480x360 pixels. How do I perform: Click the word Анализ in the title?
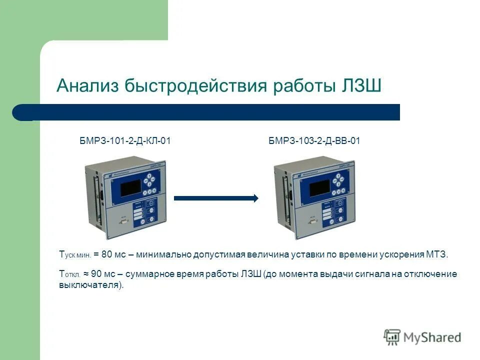point(87,85)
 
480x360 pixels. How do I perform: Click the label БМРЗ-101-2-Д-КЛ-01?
point(125,141)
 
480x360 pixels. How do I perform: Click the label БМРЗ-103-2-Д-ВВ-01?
point(314,141)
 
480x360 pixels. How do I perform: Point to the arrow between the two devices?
point(215,198)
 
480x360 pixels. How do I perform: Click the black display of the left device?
point(125,189)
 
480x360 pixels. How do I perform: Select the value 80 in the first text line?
point(107,254)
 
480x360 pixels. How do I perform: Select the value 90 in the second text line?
point(97,274)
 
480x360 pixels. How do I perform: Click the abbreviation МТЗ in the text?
point(437,254)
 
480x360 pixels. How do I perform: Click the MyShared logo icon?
point(392,336)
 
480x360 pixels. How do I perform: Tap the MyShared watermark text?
point(432,337)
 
